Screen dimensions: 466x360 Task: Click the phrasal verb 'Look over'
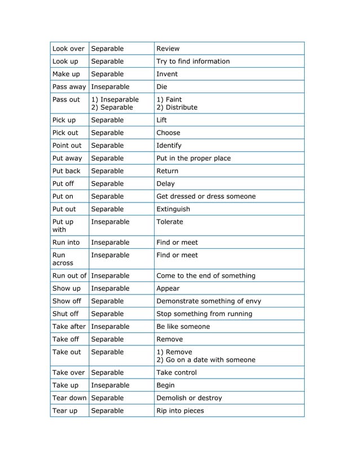click(x=68, y=49)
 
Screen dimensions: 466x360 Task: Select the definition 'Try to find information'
click(x=192, y=61)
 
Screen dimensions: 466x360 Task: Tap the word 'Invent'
click(x=166, y=74)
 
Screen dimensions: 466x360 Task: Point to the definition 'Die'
click(x=162, y=87)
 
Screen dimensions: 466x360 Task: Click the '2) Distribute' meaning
click(x=177, y=107)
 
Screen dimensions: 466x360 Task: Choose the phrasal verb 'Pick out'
click(x=65, y=133)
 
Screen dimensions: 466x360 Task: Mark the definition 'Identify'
click(x=169, y=146)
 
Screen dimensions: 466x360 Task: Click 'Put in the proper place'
click(x=193, y=159)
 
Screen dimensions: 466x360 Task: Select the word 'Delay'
click(x=165, y=184)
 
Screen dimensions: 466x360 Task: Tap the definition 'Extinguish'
click(x=173, y=209)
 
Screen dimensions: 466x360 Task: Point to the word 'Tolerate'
click(x=169, y=222)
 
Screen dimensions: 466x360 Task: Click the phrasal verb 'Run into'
click(x=66, y=243)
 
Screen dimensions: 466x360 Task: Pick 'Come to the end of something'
click(x=205, y=276)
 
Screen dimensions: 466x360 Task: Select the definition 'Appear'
click(x=168, y=288)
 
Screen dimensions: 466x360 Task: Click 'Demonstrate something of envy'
click(x=208, y=301)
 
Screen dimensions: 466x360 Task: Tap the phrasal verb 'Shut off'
click(x=65, y=314)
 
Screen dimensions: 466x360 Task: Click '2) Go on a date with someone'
click(x=205, y=360)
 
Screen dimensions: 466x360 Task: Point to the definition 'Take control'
click(x=176, y=373)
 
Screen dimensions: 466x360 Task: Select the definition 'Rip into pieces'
click(x=179, y=411)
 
